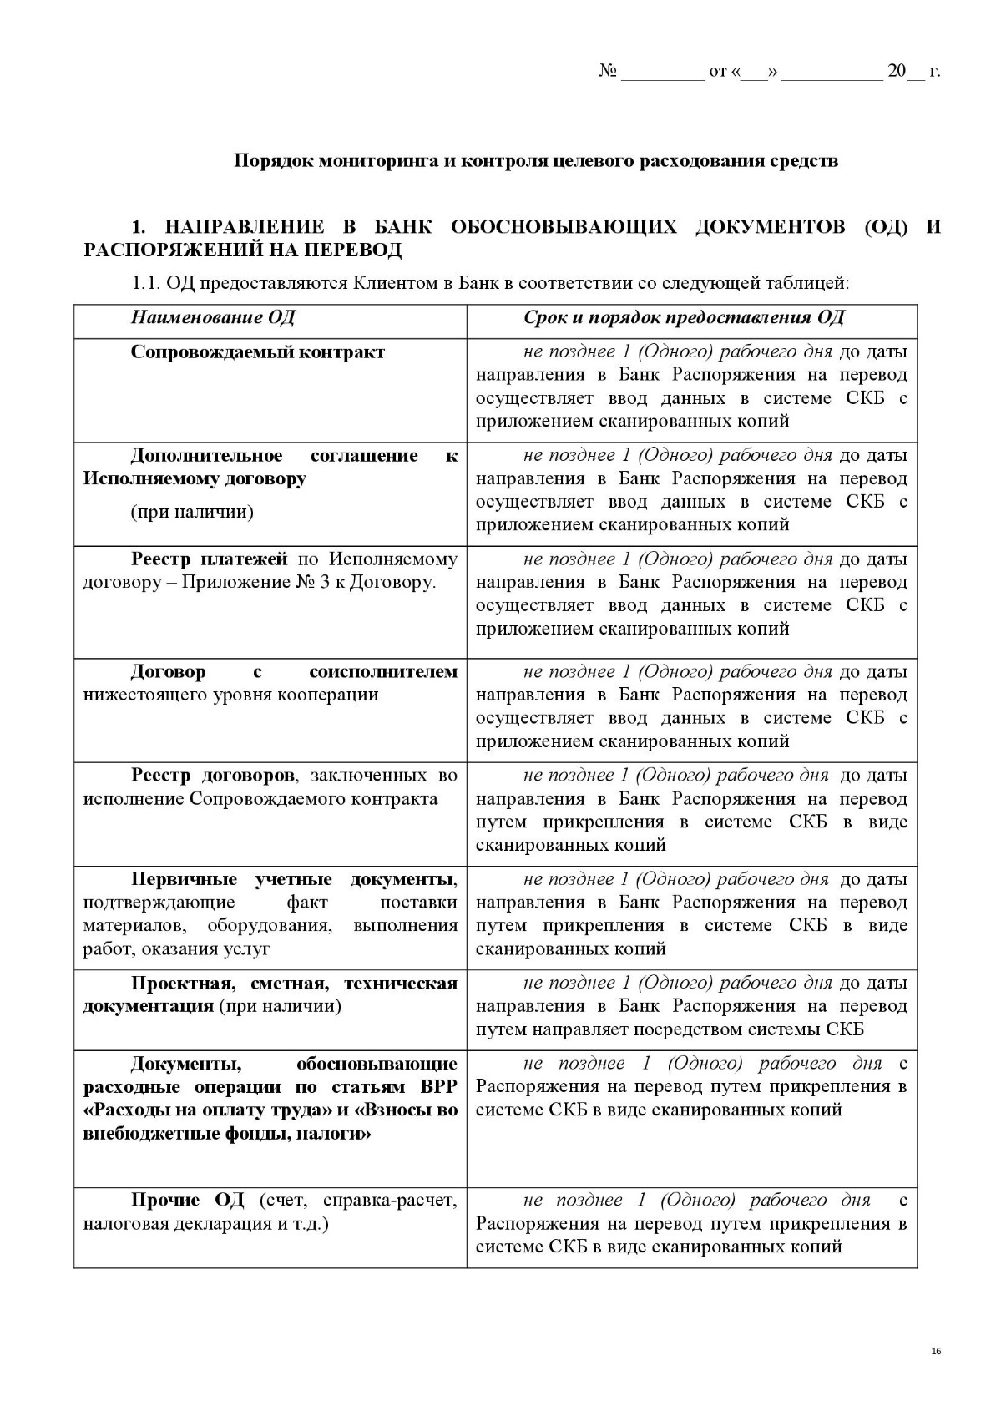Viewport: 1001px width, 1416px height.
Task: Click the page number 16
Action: tap(935, 1351)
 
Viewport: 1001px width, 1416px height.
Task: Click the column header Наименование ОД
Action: tap(212, 317)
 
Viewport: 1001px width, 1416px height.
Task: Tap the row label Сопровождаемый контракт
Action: tap(257, 351)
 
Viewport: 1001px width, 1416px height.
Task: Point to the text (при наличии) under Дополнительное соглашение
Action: tap(191, 512)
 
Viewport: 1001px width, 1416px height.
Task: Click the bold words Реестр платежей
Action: tap(209, 559)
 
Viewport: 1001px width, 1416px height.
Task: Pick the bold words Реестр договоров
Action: tap(212, 775)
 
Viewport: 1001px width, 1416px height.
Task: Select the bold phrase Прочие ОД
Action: tap(187, 1200)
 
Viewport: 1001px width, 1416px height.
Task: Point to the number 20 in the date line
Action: tap(896, 71)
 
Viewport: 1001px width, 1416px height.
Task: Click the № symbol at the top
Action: tap(607, 71)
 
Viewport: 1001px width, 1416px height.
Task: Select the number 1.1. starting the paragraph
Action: tap(145, 283)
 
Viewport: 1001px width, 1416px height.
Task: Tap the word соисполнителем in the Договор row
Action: tap(382, 671)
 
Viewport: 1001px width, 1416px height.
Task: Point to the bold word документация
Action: tap(148, 1006)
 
